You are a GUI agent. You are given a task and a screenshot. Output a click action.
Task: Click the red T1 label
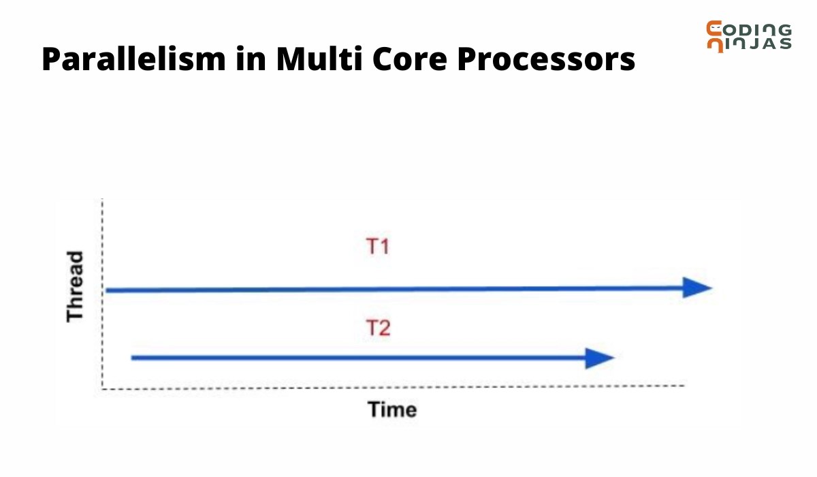coord(378,246)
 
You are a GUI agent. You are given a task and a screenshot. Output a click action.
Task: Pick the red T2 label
coord(378,329)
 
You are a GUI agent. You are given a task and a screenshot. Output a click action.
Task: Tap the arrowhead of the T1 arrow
coord(697,288)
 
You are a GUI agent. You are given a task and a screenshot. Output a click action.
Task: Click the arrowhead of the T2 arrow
coord(600,358)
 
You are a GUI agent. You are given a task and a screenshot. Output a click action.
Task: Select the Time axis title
coord(391,410)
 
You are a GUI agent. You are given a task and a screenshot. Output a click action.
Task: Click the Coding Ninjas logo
coord(748,36)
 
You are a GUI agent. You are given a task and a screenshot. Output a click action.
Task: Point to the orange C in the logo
coord(715,29)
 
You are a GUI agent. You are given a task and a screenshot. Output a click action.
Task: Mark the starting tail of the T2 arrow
coord(133,357)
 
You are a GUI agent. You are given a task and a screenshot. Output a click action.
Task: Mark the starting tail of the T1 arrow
coord(109,290)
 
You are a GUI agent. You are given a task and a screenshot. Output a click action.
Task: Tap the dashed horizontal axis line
coord(408,387)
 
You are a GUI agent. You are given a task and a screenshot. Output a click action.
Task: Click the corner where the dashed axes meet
coord(102,388)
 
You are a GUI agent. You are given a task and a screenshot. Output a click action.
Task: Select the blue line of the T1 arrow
coord(395,290)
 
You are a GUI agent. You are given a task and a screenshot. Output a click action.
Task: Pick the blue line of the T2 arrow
coord(354,357)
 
